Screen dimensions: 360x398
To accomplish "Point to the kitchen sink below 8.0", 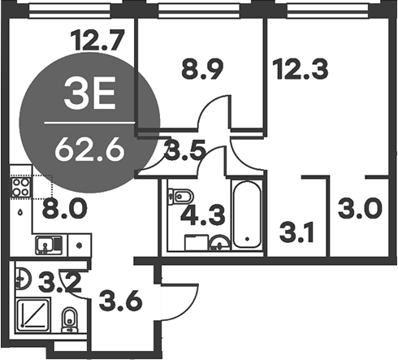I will coord(45,243).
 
